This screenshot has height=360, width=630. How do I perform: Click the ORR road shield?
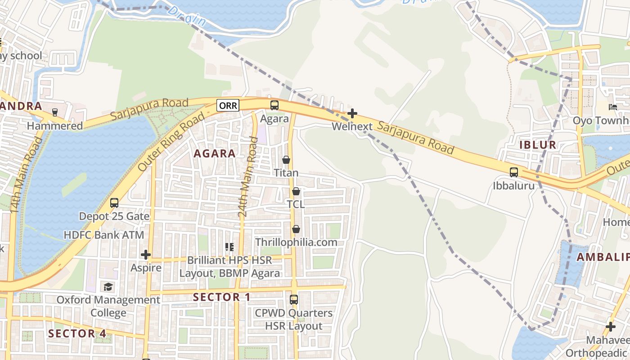tap(228, 105)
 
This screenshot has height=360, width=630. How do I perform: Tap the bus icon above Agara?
tap(274, 105)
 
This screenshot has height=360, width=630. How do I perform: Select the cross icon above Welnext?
tap(352, 113)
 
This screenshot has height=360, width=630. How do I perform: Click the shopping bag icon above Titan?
tap(286, 160)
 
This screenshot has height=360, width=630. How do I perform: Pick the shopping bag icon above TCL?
tap(296, 191)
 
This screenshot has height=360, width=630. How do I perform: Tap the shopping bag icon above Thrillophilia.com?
tap(296, 229)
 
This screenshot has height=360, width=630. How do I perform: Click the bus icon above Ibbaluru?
tap(513, 172)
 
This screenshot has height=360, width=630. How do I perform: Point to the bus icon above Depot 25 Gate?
tap(114, 203)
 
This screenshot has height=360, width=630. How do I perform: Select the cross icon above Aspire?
tap(145, 255)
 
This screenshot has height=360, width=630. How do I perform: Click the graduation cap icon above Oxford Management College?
tap(108, 287)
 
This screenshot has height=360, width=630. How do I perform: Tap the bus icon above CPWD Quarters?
tap(293, 299)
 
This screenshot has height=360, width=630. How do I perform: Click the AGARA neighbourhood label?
tap(215, 153)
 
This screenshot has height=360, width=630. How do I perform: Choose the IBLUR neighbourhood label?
tap(538, 145)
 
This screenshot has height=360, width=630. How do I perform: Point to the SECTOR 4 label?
tap(77, 333)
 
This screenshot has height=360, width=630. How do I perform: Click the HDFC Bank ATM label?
tap(104, 235)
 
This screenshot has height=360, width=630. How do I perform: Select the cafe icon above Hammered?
tap(54, 112)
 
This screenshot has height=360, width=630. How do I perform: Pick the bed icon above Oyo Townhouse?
tap(612, 107)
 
